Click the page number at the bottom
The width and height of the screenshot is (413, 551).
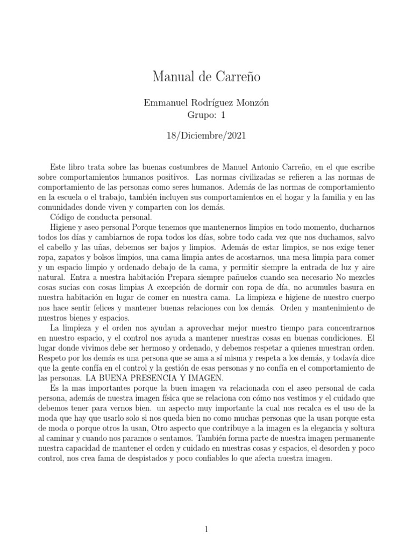point(206,514)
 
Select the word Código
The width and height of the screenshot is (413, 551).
point(67,217)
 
